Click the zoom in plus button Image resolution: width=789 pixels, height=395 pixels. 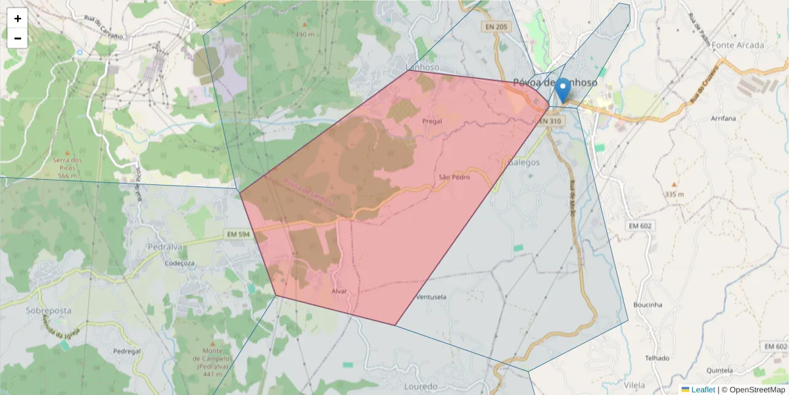[18, 18]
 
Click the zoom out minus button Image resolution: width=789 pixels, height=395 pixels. [18, 38]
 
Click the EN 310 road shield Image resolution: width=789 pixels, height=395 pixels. [550, 122]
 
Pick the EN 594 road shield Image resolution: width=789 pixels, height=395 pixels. [239, 234]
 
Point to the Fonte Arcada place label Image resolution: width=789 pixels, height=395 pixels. [738, 45]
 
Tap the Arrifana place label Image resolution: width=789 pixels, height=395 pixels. [723, 118]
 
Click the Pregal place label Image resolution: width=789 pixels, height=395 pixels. [431, 121]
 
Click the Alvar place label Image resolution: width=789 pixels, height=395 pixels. [339, 291]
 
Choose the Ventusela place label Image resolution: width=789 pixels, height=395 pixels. [431, 297]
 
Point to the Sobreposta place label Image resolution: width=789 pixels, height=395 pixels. [49, 310]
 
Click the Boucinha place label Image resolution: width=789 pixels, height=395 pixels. [648, 305]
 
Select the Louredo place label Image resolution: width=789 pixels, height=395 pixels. [421, 386]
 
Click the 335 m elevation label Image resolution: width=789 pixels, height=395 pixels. [674, 194]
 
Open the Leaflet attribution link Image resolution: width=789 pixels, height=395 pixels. [702, 390]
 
